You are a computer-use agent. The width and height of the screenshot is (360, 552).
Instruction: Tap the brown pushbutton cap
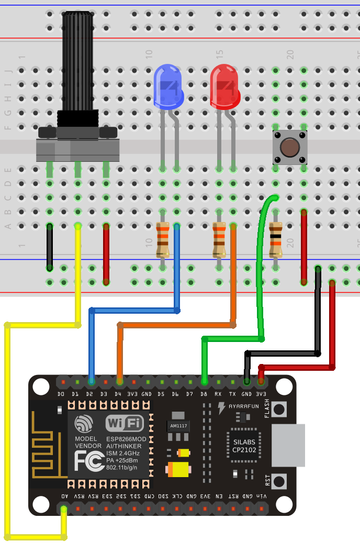(x=289, y=148)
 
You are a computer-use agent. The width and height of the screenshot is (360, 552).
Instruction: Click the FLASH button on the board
(x=279, y=409)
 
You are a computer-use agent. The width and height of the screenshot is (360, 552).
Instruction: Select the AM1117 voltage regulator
(x=178, y=425)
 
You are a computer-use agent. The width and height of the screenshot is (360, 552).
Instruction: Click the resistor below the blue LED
(x=163, y=240)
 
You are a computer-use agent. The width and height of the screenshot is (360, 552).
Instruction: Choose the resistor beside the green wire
(x=275, y=240)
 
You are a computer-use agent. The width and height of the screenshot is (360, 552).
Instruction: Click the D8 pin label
(x=204, y=394)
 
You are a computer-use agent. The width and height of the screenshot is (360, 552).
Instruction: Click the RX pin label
(x=218, y=394)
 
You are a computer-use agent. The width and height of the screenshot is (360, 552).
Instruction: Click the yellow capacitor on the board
(x=178, y=469)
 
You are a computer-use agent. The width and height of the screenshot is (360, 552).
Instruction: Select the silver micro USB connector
(x=288, y=445)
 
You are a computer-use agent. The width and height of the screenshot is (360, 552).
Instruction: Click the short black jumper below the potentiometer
(x=50, y=247)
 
